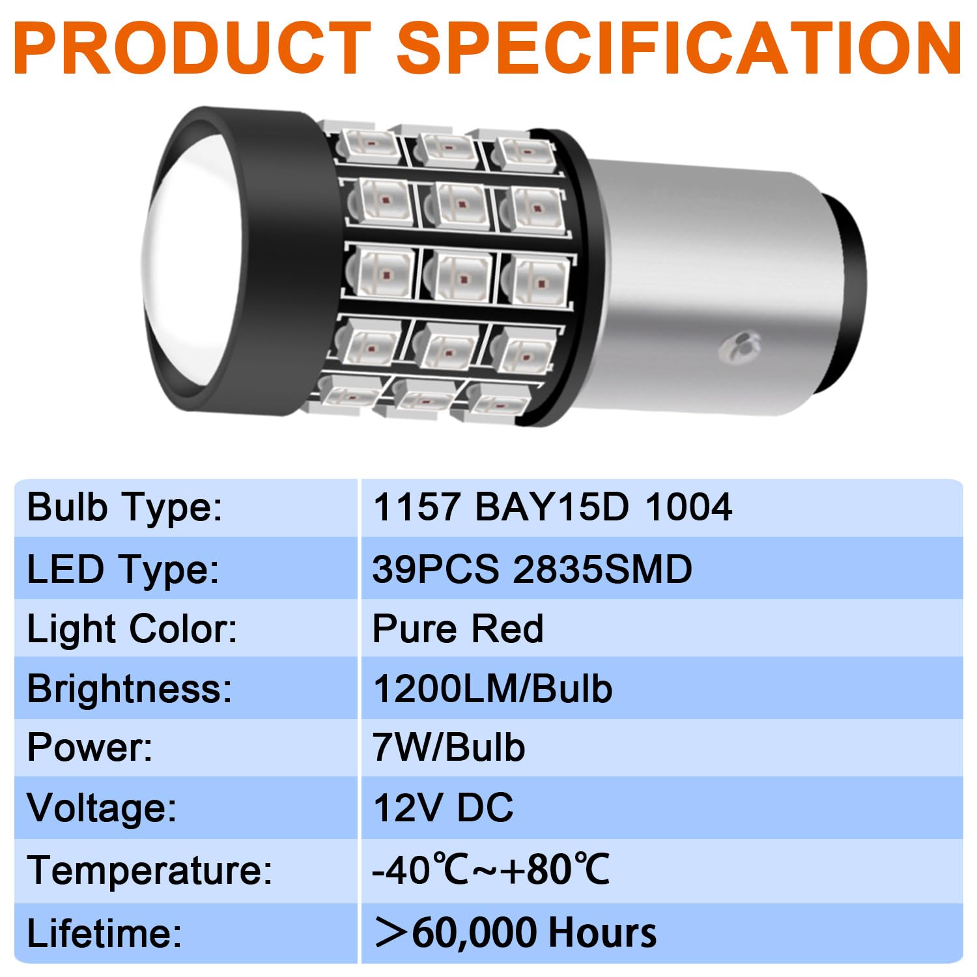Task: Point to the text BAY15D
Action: click(x=552, y=507)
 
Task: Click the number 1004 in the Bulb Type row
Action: click(x=688, y=507)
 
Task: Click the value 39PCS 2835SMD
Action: click(x=531, y=569)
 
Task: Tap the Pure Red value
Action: click(x=458, y=629)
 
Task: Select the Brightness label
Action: click(x=130, y=688)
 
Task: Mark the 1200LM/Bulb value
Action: click(x=492, y=688)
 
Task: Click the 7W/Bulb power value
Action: click(x=449, y=748)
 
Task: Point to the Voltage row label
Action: click(x=102, y=808)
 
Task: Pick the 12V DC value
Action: click(x=443, y=808)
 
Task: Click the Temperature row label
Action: click(x=150, y=870)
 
